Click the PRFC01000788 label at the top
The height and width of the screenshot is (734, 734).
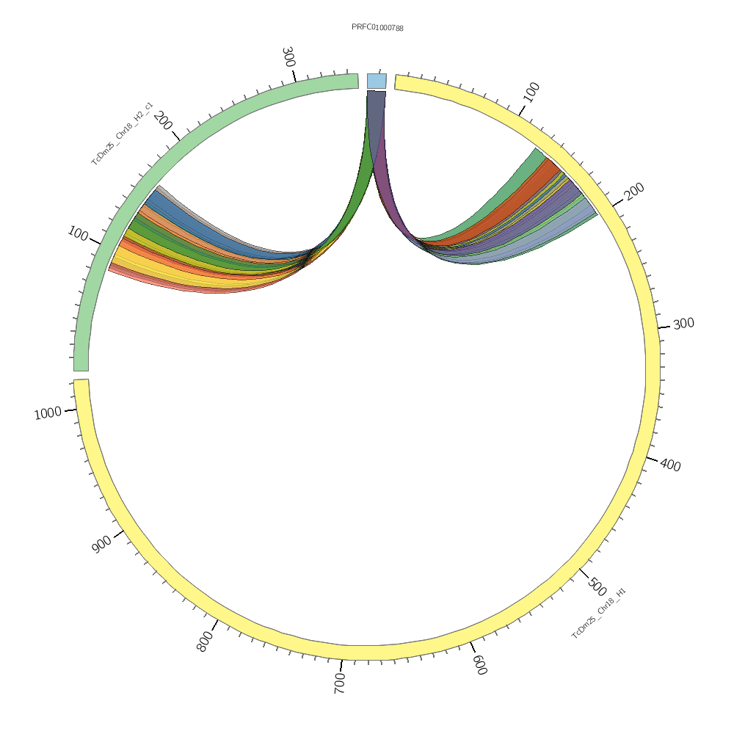click(377, 28)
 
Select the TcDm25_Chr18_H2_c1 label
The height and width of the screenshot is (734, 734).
click(122, 134)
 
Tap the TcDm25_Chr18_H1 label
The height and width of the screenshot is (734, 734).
click(599, 613)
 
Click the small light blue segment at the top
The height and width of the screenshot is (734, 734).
click(377, 81)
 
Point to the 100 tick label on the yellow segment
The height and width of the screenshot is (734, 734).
click(531, 92)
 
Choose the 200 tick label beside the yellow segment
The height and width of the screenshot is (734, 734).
click(634, 191)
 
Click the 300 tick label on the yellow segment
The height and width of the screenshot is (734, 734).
click(683, 324)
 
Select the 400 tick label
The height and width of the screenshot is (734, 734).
click(670, 465)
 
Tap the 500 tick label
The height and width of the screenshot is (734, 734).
click(597, 587)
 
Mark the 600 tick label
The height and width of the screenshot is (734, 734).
click(479, 665)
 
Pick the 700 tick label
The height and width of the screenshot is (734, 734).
click(340, 682)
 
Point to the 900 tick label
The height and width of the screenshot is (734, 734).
click(102, 545)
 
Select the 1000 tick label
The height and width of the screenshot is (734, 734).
click(48, 414)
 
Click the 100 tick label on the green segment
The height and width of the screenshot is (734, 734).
click(78, 234)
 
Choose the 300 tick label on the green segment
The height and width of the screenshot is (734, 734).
click(288, 57)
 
